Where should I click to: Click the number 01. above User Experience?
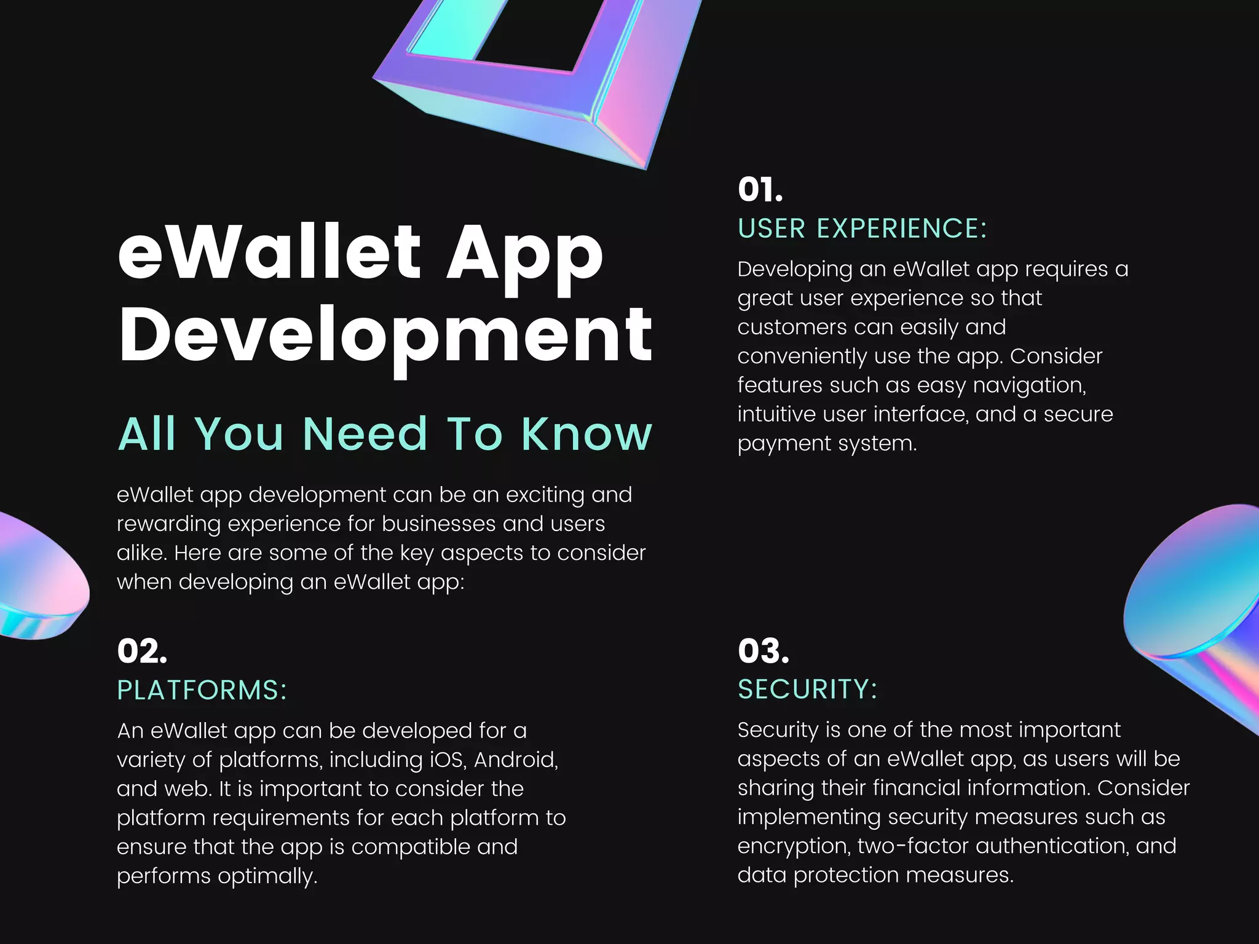[760, 189]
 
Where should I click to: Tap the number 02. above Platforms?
[142, 651]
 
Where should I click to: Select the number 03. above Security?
[764, 651]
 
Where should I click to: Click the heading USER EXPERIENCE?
[862, 229]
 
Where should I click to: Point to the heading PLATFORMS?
[202, 690]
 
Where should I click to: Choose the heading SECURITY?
[807, 690]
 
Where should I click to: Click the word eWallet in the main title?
[269, 252]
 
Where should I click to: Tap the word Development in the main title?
[385, 336]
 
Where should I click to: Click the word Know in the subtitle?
[586, 434]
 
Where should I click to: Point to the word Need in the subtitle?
[365, 434]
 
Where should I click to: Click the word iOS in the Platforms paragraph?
[448, 760]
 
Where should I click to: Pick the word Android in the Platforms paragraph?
[515, 760]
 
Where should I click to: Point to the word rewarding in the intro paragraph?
[168, 524]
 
